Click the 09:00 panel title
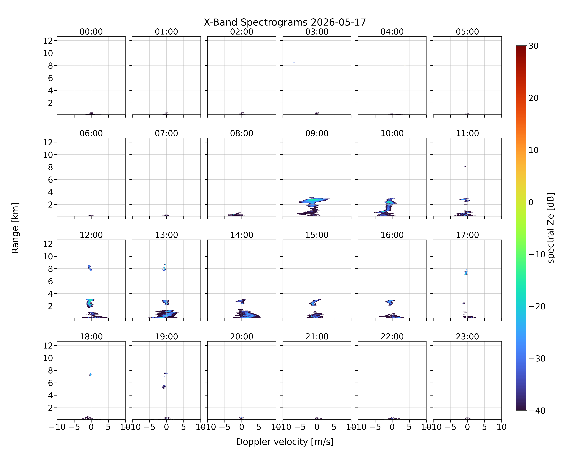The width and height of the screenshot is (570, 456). (317, 133)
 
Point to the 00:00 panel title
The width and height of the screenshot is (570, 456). (91, 32)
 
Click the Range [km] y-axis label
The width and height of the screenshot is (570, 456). (15, 228)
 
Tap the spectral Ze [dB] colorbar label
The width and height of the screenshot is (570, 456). (551, 228)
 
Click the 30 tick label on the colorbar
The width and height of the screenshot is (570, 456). (534, 46)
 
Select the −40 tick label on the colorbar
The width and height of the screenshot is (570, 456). (537, 411)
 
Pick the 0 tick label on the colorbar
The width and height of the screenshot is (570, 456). (531, 202)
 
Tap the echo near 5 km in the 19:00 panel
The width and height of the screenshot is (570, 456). (164, 387)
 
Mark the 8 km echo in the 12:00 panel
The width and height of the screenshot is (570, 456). (90, 268)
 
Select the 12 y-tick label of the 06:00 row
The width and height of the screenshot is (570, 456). (48, 142)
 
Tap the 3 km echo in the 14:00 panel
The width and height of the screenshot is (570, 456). (241, 301)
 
